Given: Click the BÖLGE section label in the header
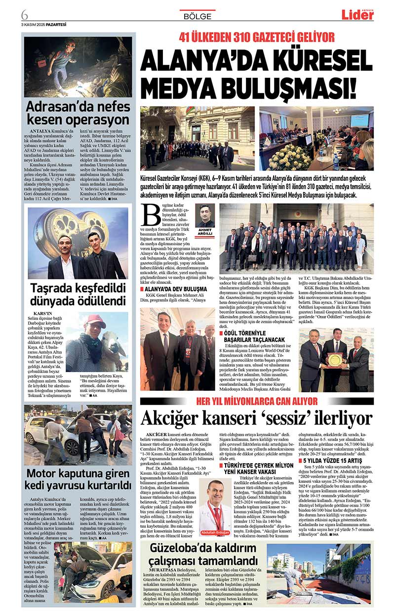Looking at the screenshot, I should click(x=197, y=16).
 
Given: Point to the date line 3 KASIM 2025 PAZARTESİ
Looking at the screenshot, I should click(x=43, y=24).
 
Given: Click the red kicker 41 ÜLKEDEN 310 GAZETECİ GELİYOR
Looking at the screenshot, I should click(x=257, y=37).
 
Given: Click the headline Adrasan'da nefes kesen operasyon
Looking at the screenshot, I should click(x=78, y=113).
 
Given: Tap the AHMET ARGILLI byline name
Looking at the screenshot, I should click(x=204, y=232).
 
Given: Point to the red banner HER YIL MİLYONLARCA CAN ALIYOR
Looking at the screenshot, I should click(x=257, y=401).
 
